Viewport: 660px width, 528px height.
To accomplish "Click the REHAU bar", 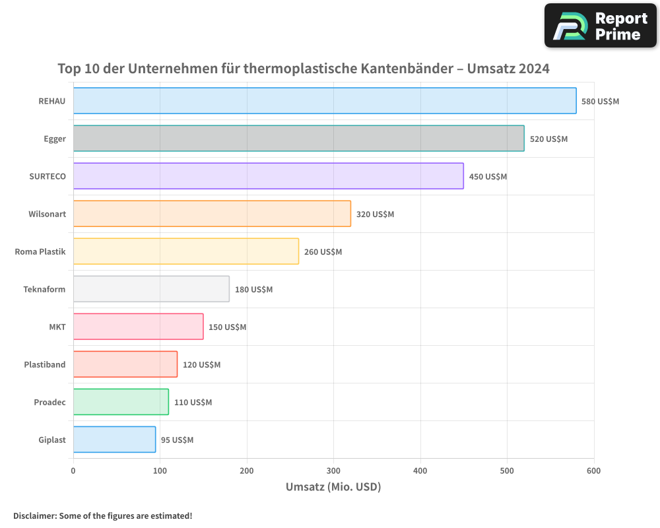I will point(325,101).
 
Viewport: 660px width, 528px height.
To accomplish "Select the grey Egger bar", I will point(298,139).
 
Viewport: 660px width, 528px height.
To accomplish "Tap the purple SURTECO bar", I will point(268,176).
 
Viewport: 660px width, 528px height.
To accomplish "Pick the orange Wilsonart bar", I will point(212,214).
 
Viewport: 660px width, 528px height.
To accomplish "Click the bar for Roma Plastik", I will point(185,251).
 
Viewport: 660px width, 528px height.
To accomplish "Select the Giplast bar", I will point(114,440).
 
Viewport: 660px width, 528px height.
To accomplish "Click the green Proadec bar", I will point(121,402).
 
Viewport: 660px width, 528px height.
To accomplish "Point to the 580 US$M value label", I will point(600,102).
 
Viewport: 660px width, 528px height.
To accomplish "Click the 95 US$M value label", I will point(177,440).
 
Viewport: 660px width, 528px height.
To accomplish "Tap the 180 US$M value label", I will point(253,290).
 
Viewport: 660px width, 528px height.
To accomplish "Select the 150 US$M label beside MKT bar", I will point(227,327).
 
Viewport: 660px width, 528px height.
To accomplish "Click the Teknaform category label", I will point(44,289).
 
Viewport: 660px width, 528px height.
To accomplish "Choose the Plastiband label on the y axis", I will point(45,364).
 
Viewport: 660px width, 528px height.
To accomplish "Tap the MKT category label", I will point(57,327).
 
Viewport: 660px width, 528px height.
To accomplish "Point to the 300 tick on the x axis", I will point(333,471).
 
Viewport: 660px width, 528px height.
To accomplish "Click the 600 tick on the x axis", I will point(593,471).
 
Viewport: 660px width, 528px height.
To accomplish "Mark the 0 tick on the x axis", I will point(73,471).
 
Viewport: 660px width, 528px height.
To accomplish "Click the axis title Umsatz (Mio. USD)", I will point(333,487).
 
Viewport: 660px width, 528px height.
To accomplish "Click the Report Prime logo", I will point(600,26).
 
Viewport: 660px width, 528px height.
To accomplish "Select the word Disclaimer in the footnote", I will point(34,516).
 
